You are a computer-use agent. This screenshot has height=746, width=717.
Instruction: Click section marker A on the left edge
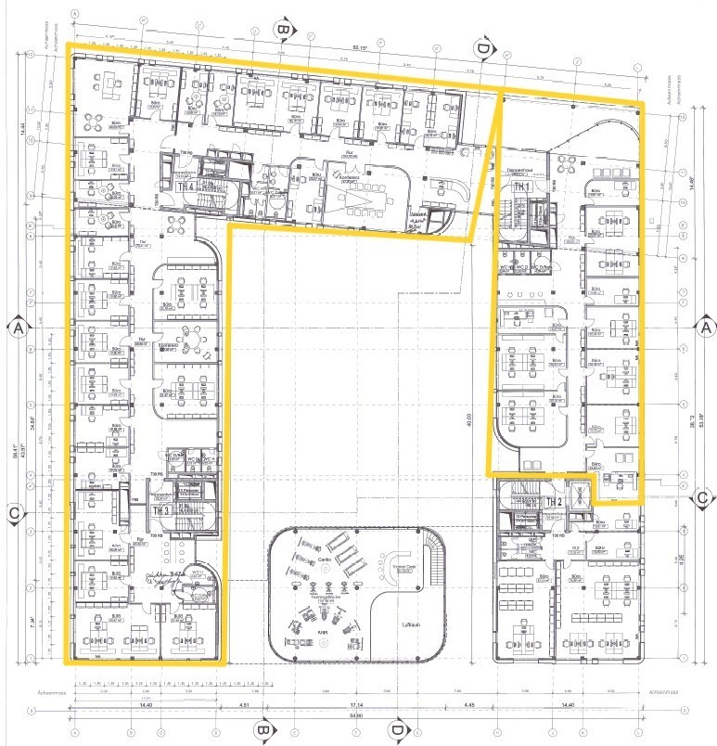coord(17,328)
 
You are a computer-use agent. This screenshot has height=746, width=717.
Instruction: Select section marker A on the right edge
coord(705,328)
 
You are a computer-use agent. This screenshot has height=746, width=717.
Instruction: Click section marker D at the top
coord(481,46)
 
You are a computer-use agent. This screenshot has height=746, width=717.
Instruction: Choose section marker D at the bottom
coord(397,730)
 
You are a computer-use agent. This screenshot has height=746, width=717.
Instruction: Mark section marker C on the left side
coord(15,512)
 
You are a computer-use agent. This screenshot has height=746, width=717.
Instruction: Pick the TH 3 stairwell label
coord(160,510)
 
